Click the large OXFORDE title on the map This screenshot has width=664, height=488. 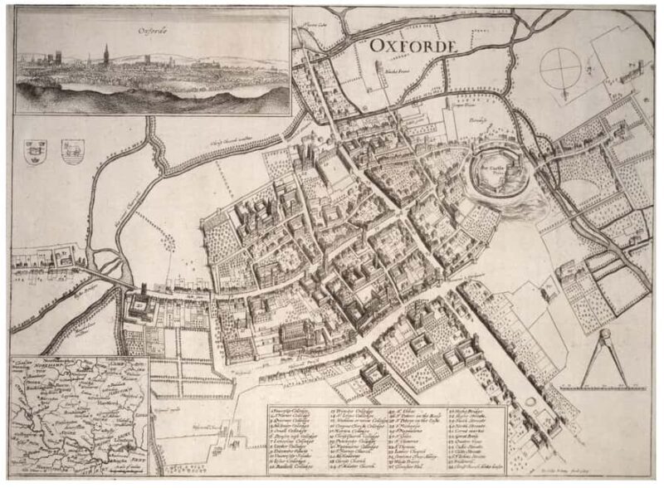coord(413,46)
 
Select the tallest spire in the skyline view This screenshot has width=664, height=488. coord(105,54)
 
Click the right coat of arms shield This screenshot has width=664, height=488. coord(73,151)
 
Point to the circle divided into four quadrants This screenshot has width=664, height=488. coord(561,68)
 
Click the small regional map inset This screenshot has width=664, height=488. coord(80,415)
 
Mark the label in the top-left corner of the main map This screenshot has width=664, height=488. coord(310,25)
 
